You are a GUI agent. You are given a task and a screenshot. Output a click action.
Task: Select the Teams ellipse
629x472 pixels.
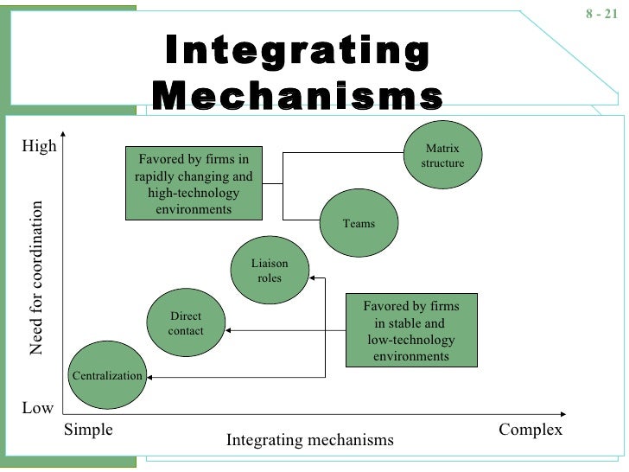point(359,223)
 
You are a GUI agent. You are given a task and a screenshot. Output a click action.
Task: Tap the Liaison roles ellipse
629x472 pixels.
point(269,270)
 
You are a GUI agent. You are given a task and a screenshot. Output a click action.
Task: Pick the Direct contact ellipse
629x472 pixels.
point(186,323)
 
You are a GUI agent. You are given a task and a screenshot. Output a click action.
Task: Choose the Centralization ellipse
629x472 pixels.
point(106,376)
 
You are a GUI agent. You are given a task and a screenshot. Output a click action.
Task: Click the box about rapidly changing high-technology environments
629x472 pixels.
point(194,183)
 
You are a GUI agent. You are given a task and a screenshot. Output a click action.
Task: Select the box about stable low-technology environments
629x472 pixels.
point(411,331)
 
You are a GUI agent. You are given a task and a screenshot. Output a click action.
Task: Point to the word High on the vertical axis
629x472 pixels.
point(39,146)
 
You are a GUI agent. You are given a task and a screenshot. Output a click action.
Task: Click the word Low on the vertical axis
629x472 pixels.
point(37,408)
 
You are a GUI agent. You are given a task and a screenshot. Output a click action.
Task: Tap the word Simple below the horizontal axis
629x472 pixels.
point(89,430)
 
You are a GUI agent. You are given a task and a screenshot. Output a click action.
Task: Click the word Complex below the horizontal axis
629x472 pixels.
point(531,430)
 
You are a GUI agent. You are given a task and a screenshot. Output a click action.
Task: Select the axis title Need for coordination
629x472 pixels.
point(35,278)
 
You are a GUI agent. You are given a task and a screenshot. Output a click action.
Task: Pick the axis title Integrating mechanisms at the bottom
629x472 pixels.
point(309,440)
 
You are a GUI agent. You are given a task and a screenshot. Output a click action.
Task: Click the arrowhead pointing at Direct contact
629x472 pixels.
point(230,330)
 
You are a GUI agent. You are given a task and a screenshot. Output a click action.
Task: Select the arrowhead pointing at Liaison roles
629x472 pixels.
point(312,278)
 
